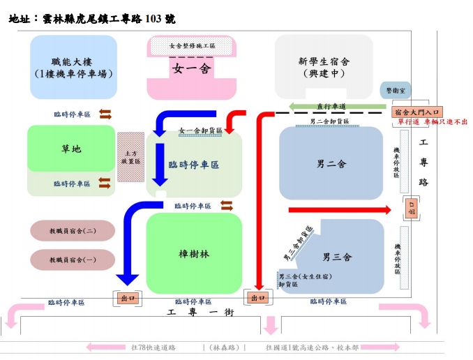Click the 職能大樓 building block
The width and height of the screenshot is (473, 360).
coord(73,67)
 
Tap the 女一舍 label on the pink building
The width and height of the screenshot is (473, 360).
coord(191,68)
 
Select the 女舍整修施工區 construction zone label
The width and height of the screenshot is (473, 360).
coord(192,45)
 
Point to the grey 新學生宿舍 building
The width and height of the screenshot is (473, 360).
coord(324,67)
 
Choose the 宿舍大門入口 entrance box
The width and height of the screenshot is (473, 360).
coord(416,111)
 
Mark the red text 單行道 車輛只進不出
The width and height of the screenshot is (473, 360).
coord(432,122)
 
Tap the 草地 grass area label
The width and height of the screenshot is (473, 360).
coord(70,149)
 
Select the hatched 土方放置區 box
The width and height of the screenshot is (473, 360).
coord(130,157)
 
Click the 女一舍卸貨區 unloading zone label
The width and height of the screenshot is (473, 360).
coord(200,130)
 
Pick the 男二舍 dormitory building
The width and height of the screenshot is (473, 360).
coord(331,164)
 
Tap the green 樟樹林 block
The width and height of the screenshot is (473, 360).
coord(194,253)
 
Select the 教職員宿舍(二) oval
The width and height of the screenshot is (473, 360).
coord(73,231)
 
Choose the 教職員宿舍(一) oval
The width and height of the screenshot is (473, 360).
coord(73,260)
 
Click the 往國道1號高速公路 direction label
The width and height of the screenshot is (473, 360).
coord(311,347)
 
